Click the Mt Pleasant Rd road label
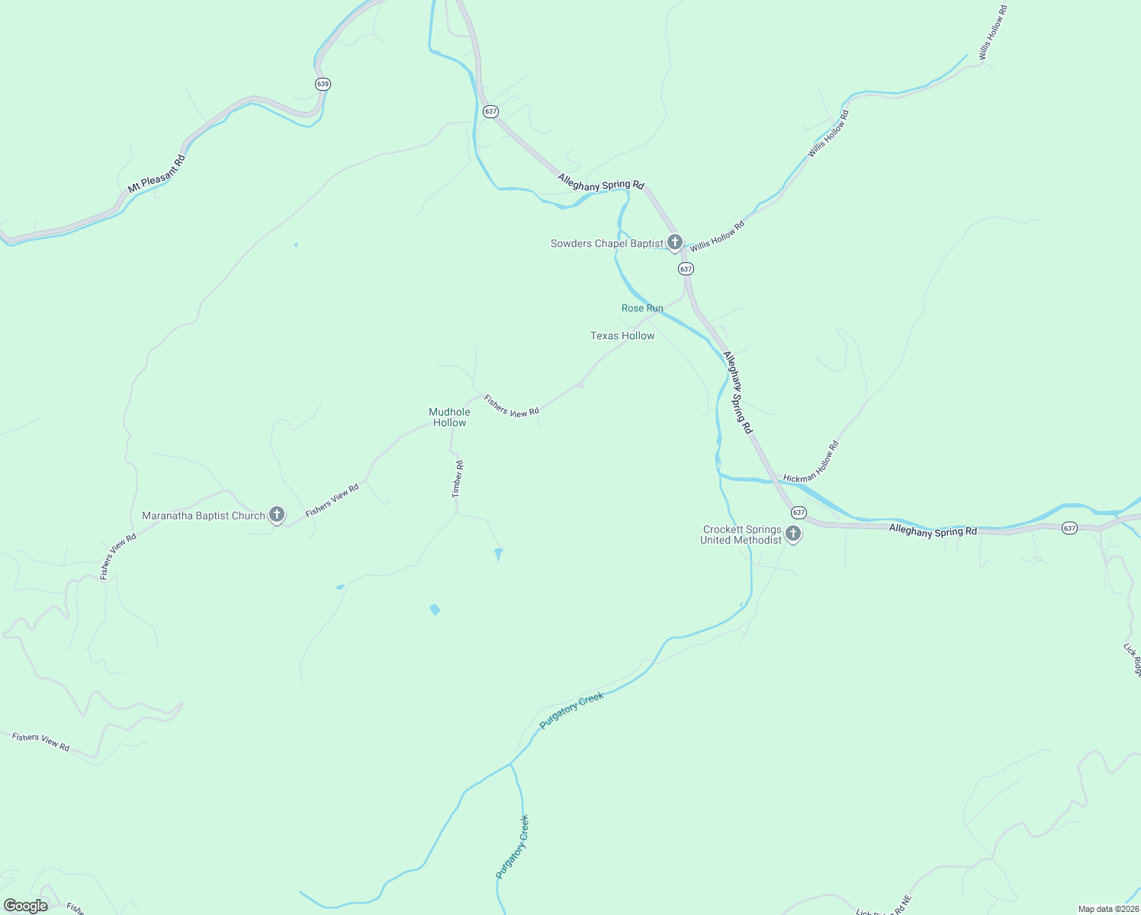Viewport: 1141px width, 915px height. pos(157,174)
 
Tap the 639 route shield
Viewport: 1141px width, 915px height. pos(323,84)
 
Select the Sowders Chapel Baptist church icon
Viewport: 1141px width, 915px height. pos(674,242)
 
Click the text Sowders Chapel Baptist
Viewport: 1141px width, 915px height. pos(607,244)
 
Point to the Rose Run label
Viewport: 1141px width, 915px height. pos(642,308)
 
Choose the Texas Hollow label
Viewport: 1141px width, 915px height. pos(622,335)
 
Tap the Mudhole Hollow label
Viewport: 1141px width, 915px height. pos(450,417)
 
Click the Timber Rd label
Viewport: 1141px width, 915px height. pos(458,479)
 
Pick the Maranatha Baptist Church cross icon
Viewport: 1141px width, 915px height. pos(277,515)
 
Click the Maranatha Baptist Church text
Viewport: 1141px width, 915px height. pos(204,516)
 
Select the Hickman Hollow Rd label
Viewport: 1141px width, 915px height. pos(812,462)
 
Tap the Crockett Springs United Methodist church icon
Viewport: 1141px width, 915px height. pos(793,534)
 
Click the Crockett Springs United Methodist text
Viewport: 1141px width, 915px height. pos(741,535)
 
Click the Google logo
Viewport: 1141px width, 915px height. pos(25,906)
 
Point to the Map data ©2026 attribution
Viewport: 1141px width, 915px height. pos(1108,909)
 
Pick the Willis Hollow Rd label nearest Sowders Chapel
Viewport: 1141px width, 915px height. pos(717,236)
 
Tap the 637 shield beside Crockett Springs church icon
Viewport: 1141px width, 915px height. pos(799,512)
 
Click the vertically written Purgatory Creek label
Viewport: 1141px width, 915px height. pos(512,846)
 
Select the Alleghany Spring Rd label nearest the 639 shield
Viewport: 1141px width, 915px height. pos(601,181)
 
